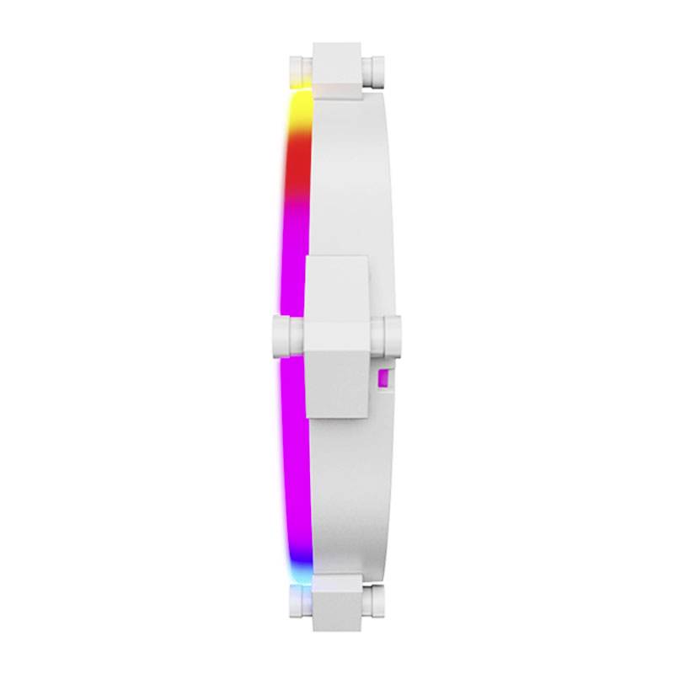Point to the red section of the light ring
(297, 168)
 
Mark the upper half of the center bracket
(337, 286)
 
